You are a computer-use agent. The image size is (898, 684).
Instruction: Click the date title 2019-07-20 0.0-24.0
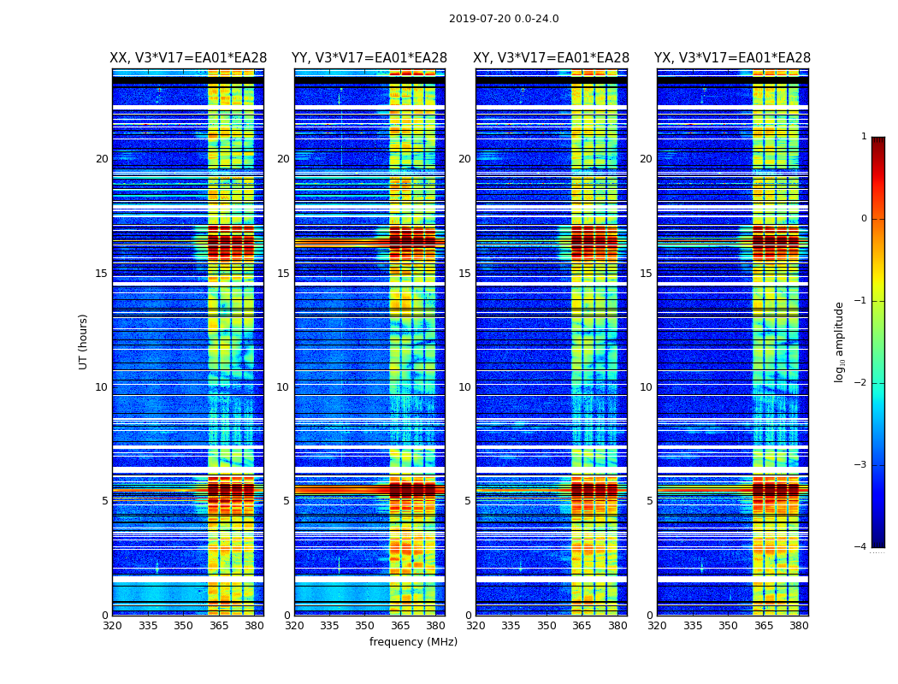click(x=504, y=19)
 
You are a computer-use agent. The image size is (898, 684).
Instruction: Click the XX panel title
click(x=187, y=58)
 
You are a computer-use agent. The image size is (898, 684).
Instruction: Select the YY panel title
click(x=369, y=58)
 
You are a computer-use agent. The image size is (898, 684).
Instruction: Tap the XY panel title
click(x=551, y=58)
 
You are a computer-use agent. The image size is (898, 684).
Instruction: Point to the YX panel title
click(x=732, y=58)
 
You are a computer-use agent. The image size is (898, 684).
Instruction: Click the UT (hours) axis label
click(x=83, y=341)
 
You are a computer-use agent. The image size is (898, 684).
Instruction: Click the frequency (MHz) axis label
click(x=413, y=642)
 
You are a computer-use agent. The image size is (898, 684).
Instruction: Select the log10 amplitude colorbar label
click(x=840, y=341)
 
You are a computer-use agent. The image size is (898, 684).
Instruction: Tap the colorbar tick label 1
click(x=863, y=137)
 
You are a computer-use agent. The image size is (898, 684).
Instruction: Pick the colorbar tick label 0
click(x=863, y=219)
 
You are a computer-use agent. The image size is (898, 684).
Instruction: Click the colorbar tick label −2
click(x=861, y=383)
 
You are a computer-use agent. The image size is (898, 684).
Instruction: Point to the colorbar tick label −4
click(x=861, y=547)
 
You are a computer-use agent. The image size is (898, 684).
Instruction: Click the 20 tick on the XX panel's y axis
click(x=102, y=159)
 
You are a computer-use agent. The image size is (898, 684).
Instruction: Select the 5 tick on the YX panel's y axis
click(x=649, y=501)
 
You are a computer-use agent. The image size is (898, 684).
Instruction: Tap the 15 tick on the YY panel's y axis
click(x=283, y=274)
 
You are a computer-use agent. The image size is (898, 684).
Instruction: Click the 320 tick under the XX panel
click(x=112, y=626)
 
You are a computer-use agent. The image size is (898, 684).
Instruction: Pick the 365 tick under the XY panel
click(x=582, y=626)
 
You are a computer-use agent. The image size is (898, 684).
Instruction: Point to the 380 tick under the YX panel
click(x=799, y=626)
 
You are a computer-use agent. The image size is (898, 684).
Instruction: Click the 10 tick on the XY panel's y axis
click(x=464, y=387)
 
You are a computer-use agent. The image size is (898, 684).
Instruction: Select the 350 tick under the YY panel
click(x=365, y=626)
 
